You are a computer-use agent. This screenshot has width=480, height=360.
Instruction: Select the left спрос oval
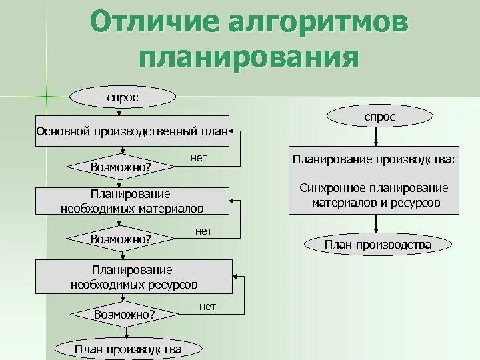coord(123,97)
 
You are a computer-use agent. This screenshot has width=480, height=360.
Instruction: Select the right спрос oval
coord(379,117)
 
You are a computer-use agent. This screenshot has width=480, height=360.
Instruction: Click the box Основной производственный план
coord(131,131)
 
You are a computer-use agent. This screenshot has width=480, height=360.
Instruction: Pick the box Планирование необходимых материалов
coord(131,201)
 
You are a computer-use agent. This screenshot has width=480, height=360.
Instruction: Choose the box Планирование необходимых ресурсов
coord(133,277)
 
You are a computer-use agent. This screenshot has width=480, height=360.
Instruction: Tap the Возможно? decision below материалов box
coord(121,238)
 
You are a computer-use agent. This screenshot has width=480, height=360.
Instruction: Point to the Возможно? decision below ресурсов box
coord(124,313)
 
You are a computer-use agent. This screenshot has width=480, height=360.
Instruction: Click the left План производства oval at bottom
coord(128,349)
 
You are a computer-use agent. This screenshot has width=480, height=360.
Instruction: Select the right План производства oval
coord(377,245)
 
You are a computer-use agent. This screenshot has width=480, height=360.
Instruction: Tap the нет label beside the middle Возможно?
coord(203,231)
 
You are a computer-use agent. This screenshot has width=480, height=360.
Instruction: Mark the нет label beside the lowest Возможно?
coord(207,306)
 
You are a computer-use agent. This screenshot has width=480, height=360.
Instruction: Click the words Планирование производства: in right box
coord(374,160)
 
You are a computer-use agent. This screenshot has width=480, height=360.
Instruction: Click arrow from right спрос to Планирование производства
coord(377,136)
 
